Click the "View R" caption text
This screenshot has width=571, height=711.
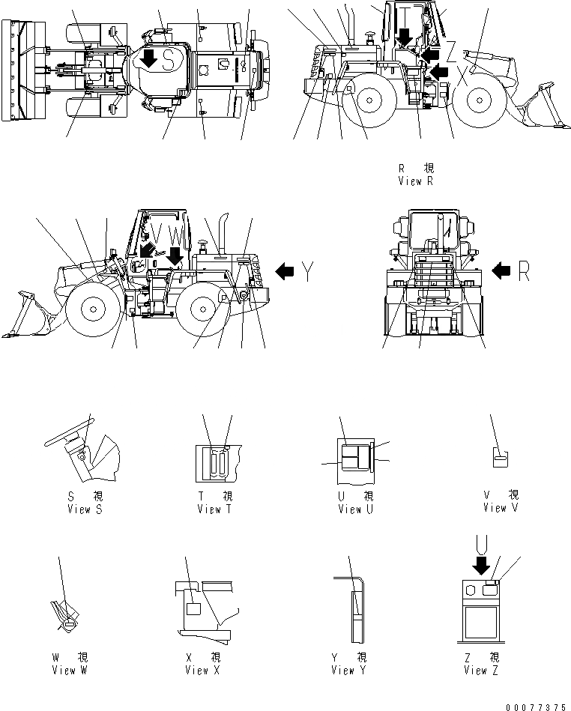coord(417,181)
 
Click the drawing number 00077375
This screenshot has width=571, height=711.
coord(537,705)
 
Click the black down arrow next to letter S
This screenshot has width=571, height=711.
coord(149,58)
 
